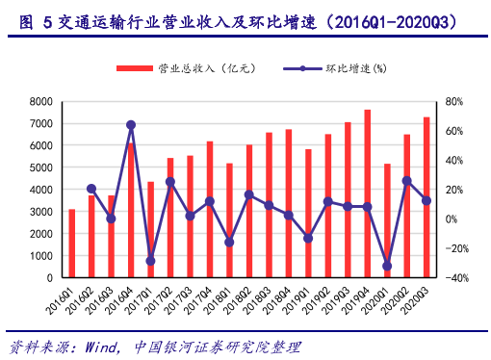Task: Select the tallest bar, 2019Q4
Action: [368, 193]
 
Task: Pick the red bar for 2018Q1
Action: [229, 220]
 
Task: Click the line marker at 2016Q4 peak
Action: [131, 125]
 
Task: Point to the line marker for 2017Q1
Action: [150, 261]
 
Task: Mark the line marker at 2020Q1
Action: [387, 266]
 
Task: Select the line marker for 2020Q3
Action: [426, 200]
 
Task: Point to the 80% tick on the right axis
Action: [456, 101]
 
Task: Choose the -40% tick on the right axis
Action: [454, 278]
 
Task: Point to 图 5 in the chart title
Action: [35, 19]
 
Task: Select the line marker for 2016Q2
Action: [91, 189]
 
